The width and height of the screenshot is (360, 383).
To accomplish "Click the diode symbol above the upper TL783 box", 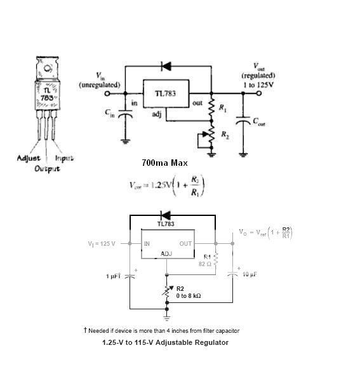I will click(x=167, y=65).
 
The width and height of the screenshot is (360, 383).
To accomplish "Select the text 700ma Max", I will click(x=164, y=163).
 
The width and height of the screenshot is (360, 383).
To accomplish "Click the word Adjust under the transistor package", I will click(x=29, y=158).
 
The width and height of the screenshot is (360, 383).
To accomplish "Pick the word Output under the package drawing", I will click(x=47, y=168).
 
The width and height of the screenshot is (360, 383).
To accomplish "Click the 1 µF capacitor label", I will click(x=114, y=276).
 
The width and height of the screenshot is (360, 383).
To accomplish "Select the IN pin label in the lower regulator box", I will click(x=147, y=243).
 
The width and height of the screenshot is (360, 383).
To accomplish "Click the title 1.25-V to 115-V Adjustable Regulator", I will click(x=165, y=342).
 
